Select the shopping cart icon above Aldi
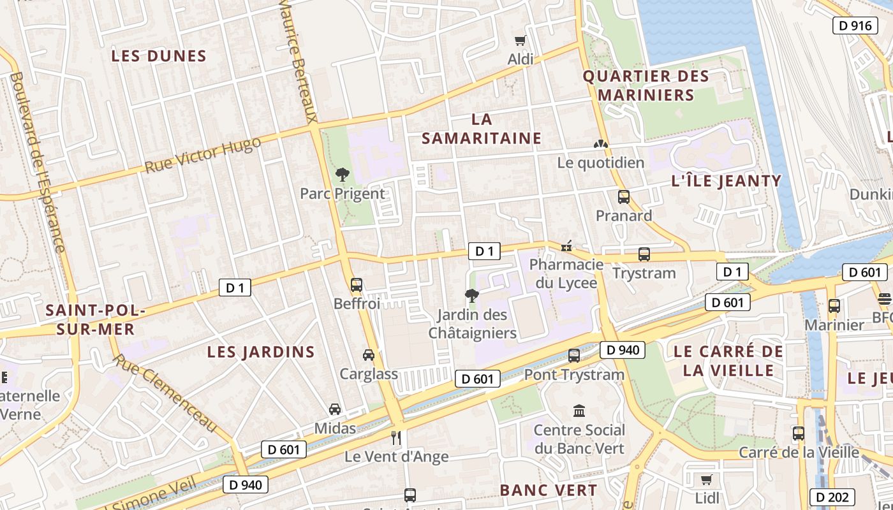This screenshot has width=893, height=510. coord(520,40)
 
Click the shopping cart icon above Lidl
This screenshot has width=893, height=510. coord(706,479)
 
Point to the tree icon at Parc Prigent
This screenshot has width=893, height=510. coord(343,174)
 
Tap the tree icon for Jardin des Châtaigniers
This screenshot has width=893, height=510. coord(472,295)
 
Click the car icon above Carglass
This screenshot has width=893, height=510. coord(369,354)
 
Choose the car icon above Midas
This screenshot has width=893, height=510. coord(335,409)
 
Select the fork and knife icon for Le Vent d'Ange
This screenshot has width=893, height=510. coord(396,437)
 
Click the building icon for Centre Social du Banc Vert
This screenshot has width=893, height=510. coord(579,411)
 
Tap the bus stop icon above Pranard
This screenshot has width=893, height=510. coord(624,197)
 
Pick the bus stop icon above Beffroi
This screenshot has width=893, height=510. coord(357,285)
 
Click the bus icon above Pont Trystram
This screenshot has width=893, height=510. coord(574,356)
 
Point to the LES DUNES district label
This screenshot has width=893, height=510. coord(159,56)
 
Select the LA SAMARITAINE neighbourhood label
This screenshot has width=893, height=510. coord(482,129)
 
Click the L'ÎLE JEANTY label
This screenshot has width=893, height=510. coord(727,181)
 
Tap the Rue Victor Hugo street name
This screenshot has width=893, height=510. coord(203,155)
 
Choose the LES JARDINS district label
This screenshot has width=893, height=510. coord(261,352)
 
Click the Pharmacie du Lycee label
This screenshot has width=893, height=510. coord(566,273)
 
